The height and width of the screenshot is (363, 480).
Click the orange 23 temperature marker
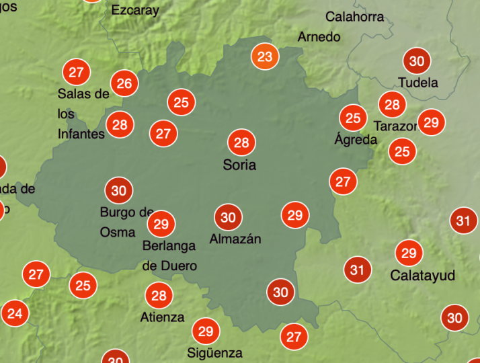pos(266,56)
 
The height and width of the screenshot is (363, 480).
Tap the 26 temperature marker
pos(124,83)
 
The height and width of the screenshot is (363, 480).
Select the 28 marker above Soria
pos(241,143)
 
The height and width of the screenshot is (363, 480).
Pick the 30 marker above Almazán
pos(229,217)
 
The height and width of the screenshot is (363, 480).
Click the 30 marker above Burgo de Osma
pos(119,191)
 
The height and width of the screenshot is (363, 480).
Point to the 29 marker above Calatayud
pos(409,253)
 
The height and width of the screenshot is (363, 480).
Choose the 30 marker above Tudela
pos(417,61)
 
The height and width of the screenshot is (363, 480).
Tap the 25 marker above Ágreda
pos(353,119)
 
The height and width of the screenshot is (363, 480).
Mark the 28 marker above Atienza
pos(159,295)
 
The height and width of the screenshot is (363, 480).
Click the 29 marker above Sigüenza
pos(206,331)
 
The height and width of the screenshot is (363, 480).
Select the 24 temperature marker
pos(15,313)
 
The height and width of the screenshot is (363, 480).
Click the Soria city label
pos(240,165)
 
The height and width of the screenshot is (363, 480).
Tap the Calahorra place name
pos(355,17)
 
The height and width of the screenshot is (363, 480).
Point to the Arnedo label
pos(319,37)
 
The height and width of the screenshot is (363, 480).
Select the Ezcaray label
pos(135,10)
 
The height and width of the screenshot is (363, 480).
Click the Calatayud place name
pos(423,276)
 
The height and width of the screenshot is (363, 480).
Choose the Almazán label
pos(235,239)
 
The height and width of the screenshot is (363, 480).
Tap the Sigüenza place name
pos(214,352)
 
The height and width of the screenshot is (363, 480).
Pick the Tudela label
pos(418,83)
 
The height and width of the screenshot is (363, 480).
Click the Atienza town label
pos(162,317)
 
